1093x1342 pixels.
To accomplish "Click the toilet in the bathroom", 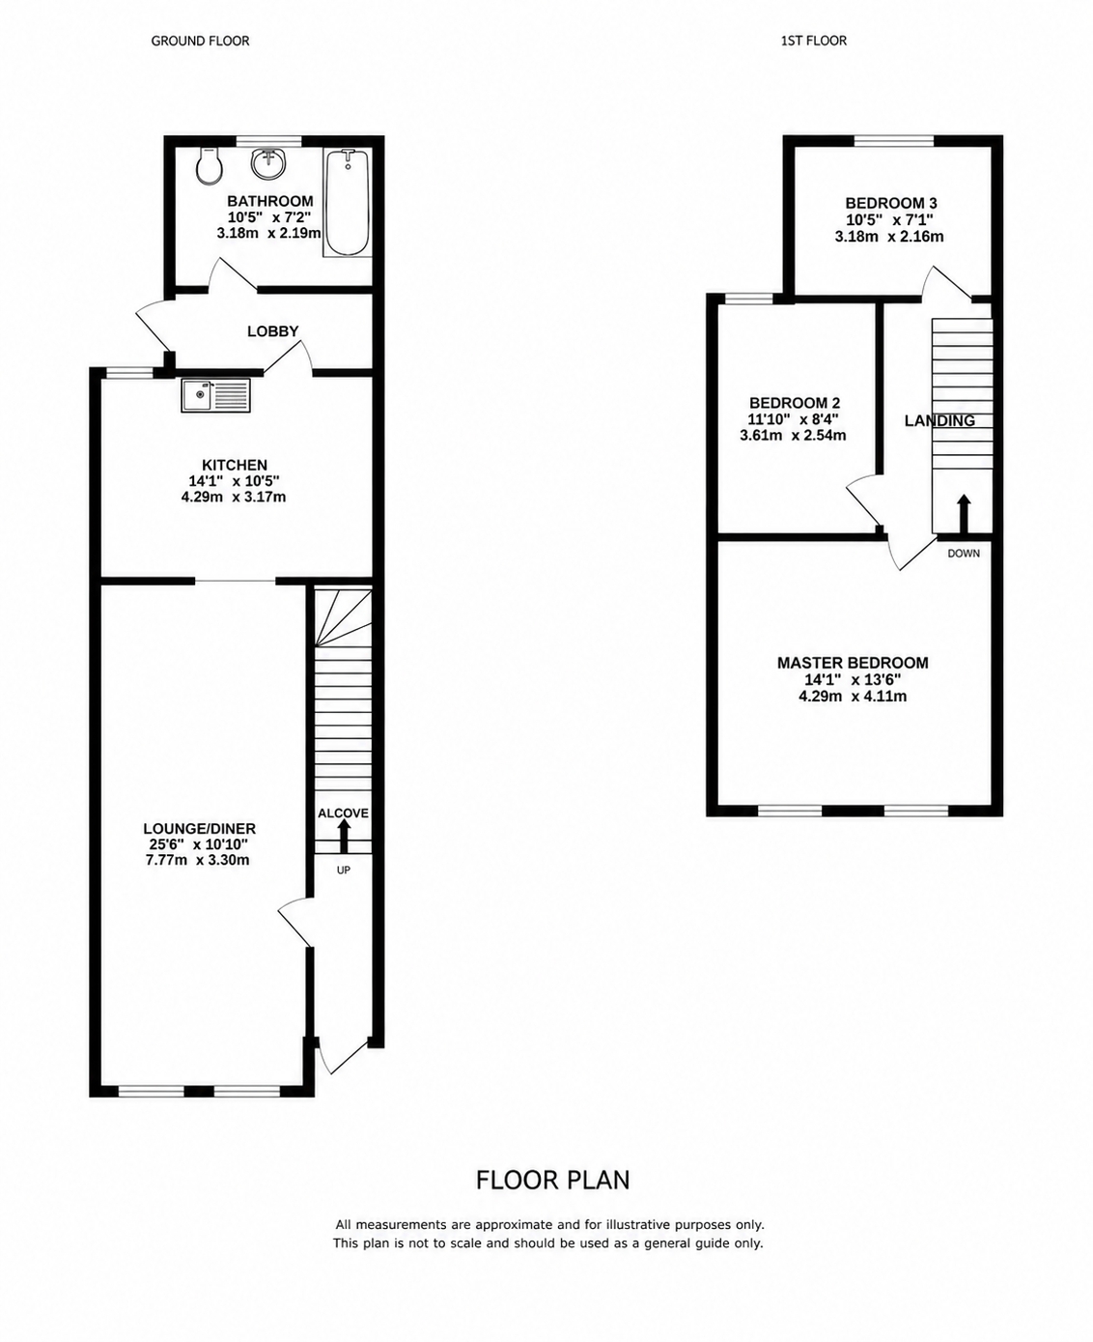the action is click(x=209, y=165).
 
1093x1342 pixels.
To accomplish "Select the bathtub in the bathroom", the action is click(x=347, y=202).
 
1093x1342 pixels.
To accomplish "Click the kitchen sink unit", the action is click(x=216, y=395).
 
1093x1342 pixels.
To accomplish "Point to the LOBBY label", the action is click(x=272, y=331).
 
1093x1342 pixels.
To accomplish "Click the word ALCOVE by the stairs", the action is click(x=343, y=814).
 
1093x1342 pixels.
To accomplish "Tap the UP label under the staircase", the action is click(x=343, y=871).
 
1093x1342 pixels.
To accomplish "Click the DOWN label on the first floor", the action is click(x=964, y=554).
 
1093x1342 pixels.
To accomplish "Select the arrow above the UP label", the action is click(x=343, y=836).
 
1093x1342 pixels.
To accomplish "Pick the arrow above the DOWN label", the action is click(x=964, y=514).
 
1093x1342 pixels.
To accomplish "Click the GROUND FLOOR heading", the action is click(x=200, y=41).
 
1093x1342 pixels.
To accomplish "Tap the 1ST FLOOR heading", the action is click(x=814, y=41).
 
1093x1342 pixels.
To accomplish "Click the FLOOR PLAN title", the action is click(x=553, y=1180).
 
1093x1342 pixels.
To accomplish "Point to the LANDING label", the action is click(x=940, y=421).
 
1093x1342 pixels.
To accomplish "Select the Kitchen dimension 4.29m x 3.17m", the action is click(x=234, y=498).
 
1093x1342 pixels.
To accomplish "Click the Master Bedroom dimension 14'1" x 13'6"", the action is click(x=853, y=680).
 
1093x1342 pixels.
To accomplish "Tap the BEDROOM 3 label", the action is click(x=891, y=204).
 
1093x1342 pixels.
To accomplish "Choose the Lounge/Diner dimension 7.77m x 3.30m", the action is click(x=198, y=860).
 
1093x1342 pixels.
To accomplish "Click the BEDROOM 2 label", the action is click(x=795, y=403).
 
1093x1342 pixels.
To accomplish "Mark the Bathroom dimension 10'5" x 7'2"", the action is click(x=270, y=217).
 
